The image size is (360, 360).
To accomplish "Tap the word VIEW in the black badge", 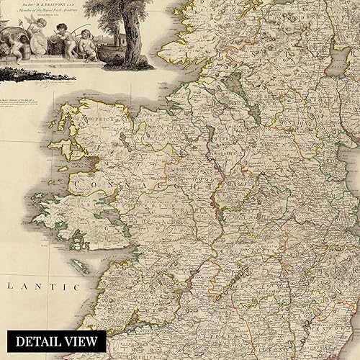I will tap(82, 341).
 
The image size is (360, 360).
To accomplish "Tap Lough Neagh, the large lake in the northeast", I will tap(337, 58).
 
